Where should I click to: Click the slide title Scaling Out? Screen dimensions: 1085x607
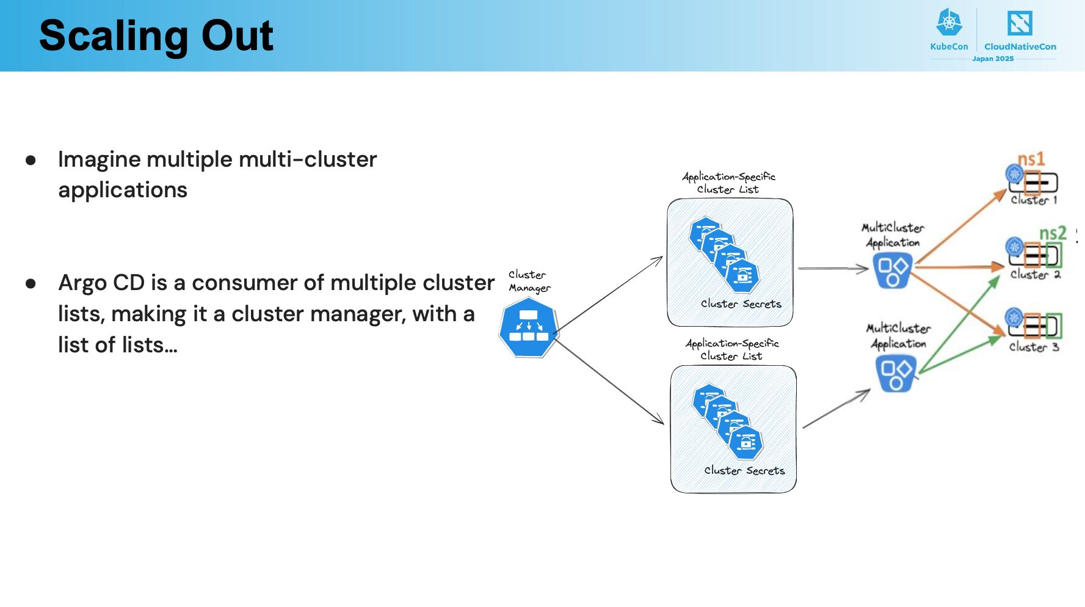tap(156, 35)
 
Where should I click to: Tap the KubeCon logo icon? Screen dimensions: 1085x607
tap(949, 23)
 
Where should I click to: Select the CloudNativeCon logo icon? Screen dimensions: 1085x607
tap(1020, 23)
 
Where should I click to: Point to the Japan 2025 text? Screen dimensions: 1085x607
tap(993, 59)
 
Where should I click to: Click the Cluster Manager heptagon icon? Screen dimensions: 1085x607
tap(529, 330)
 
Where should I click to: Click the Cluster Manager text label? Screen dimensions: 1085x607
tap(529, 281)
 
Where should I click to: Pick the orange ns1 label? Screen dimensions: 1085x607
tap(1031, 159)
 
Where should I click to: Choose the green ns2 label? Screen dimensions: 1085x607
tap(1053, 233)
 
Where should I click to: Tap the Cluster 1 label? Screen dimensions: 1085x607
tap(1034, 200)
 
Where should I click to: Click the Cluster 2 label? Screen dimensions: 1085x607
tap(1035, 275)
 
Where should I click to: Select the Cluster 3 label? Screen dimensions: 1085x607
tap(1034, 347)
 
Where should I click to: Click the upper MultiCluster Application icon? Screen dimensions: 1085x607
tap(893, 271)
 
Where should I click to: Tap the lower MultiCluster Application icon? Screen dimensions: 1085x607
tap(896, 373)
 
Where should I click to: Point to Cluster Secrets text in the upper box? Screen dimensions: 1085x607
tap(741, 303)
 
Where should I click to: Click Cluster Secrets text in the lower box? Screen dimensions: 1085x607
tap(744, 470)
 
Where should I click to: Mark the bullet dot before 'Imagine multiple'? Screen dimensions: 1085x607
tap(31, 161)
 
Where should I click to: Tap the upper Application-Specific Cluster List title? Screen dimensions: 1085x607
tap(728, 183)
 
